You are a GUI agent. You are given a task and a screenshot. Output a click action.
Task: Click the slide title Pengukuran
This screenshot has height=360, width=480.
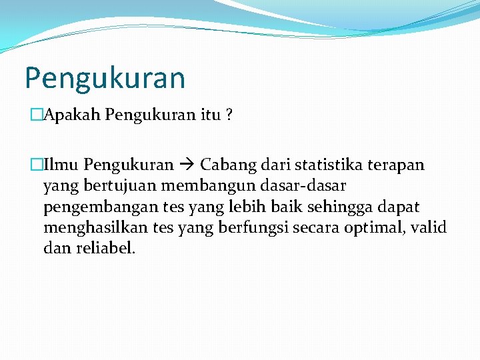pyautogui.click(x=105, y=78)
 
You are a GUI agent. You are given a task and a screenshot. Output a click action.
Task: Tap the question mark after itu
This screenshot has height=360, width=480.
pyautogui.click(x=229, y=115)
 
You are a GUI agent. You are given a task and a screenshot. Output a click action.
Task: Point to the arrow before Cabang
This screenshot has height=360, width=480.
pyautogui.click(x=187, y=165)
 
